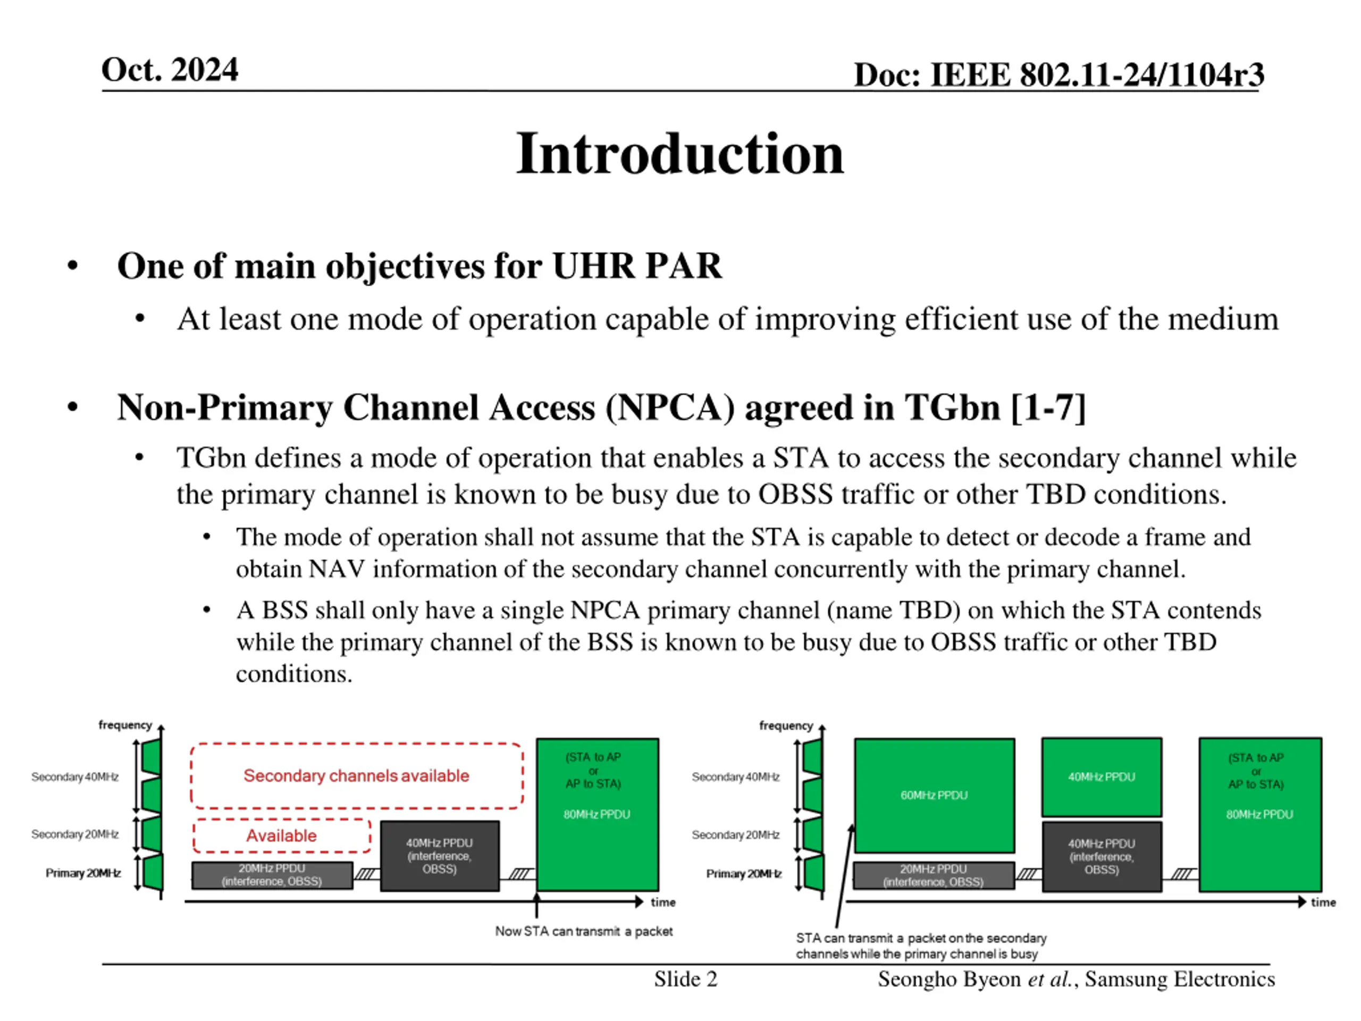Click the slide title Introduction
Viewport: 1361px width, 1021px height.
(x=680, y=154)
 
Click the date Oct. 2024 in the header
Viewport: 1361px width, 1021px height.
(x=170, y=70)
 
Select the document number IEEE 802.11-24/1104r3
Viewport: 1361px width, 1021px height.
(x=1096, y=75)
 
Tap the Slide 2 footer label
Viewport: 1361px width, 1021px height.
(x=685, y=978)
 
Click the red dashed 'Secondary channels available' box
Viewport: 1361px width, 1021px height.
(x=356, y=775)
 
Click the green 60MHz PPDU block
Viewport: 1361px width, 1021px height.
(x=934, y=795)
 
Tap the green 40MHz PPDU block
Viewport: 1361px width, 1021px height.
(x=1102, y=777)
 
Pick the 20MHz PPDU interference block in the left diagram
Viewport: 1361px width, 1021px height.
(x=272, y=875)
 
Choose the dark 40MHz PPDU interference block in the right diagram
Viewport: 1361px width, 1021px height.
(x=1102, y=856)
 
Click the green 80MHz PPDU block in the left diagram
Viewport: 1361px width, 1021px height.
(x=597, y=814)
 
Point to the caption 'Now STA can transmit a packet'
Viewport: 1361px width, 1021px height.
(x=584, y=931)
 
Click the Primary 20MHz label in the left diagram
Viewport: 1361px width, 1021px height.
(x=83, y=873)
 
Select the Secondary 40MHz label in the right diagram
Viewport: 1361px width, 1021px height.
(x=735, y=777)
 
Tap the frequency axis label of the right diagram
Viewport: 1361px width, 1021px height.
(x=786, y=725)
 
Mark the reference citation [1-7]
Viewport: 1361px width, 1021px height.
(x=1048, y=407)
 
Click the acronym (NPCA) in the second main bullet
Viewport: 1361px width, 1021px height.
(x=670, y=407)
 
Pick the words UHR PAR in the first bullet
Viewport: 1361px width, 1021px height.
(x=637, y=266)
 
